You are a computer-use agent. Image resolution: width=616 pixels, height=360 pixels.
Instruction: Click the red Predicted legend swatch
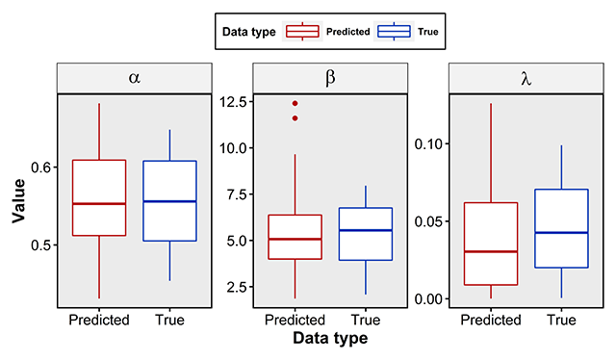(302, 31)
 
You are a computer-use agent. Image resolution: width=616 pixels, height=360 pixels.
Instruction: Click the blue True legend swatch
(394, 31)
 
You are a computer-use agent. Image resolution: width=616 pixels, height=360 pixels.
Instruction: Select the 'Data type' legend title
(249, 31)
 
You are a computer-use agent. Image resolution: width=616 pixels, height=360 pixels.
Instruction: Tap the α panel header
(134, 78)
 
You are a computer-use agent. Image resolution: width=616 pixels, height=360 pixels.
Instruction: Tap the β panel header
(330, 78)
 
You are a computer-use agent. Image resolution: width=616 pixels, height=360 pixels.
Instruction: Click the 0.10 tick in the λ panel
(429, 143)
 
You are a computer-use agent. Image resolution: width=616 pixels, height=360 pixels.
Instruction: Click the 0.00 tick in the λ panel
(429, 298)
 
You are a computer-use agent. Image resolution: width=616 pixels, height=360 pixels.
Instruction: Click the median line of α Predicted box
(98, 204)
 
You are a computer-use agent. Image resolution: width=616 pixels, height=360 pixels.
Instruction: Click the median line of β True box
(366, 230)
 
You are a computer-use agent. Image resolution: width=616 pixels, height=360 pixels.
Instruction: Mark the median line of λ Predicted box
(491, 251)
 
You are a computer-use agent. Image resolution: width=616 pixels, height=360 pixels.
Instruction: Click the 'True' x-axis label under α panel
(169, 320)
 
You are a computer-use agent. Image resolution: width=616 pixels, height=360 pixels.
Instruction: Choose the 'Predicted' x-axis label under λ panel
(491, 320)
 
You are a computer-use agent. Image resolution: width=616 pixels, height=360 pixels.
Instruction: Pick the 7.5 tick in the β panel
(234, 194)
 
